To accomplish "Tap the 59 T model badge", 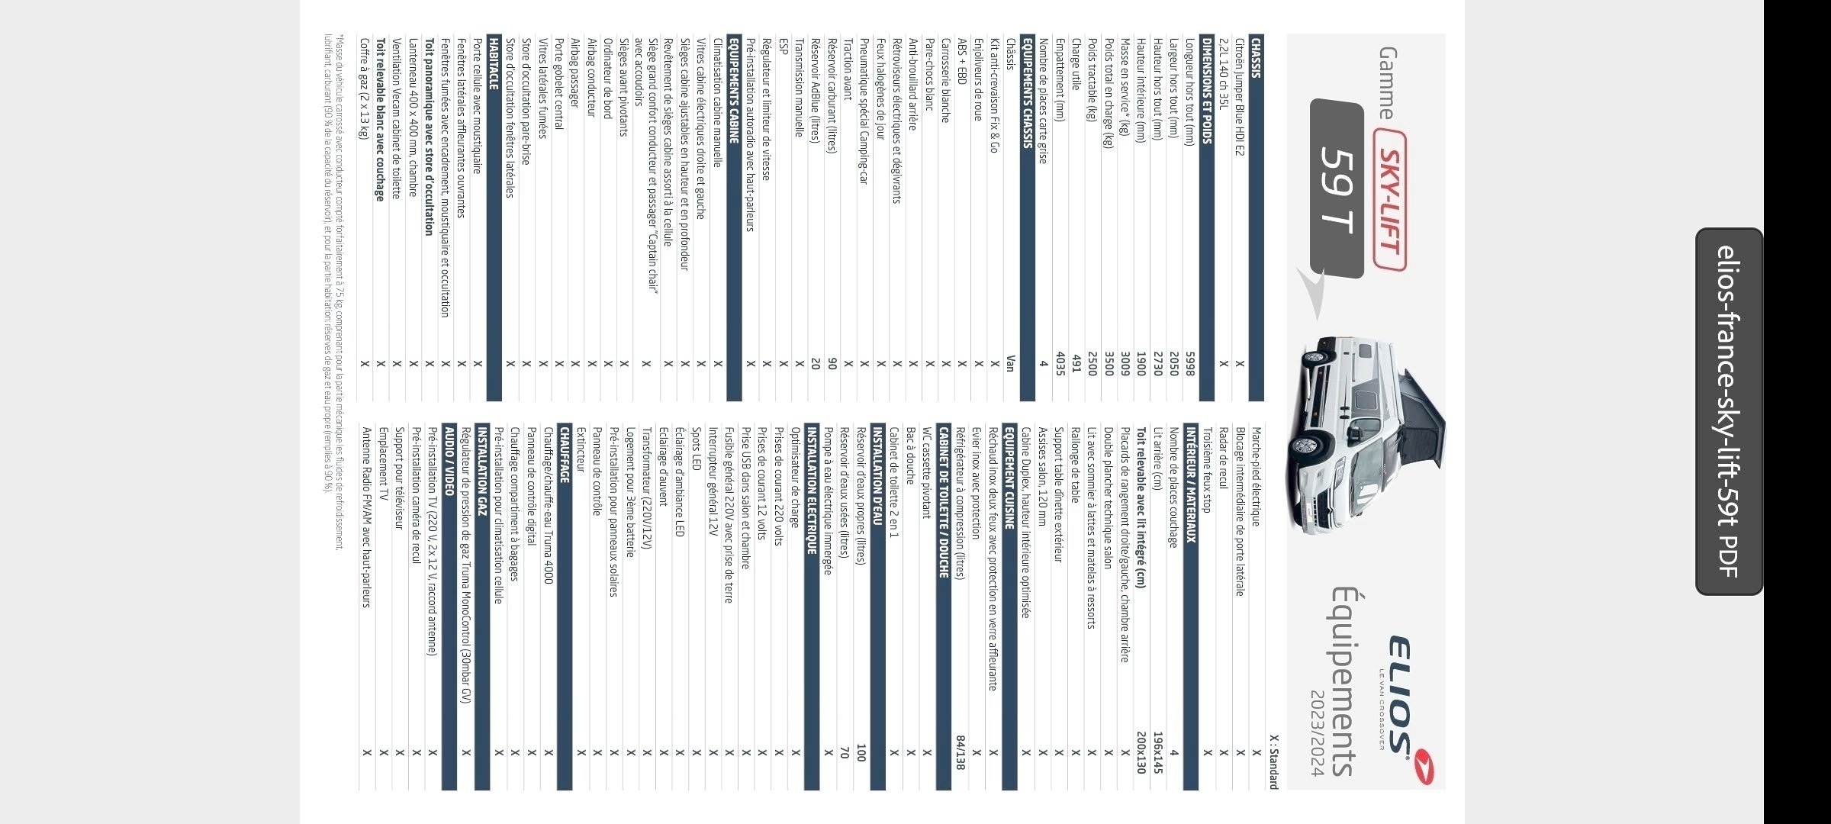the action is click(1337, 188).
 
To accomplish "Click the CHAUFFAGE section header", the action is click(565, 455).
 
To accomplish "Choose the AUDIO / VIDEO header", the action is click(449, 461).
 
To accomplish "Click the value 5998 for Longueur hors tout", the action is click(1189, 363).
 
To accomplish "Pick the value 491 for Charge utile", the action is click(1076, 363).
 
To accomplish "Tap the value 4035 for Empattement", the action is click(1060, 363).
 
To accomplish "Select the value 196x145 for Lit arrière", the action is click(1157, 752).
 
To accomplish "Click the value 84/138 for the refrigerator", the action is click(961, 752).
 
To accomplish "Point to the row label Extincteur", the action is click(581, 449).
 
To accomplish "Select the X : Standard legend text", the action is click(1273, 761).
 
